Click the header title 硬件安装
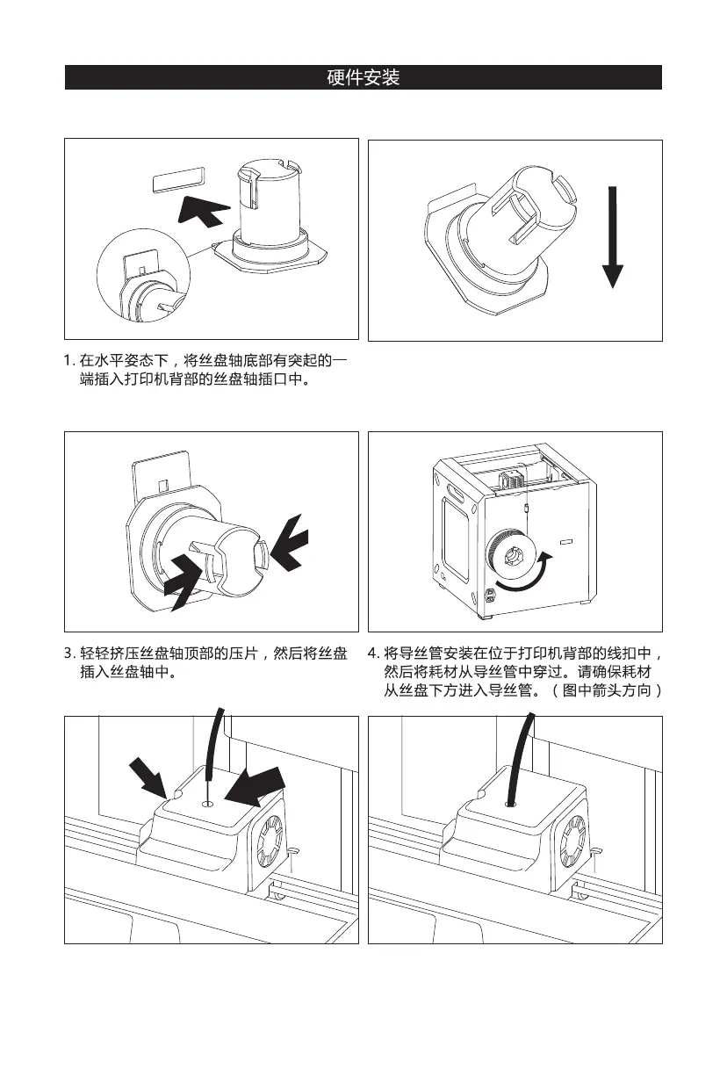click(x=363, y=78)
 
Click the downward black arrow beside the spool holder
click(x=614, y=236)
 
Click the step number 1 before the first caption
click(x=68, y=360)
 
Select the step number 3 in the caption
click(x=68, y=654)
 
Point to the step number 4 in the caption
click(x=372, y=654)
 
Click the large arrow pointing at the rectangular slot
click(x=205, y=211)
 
